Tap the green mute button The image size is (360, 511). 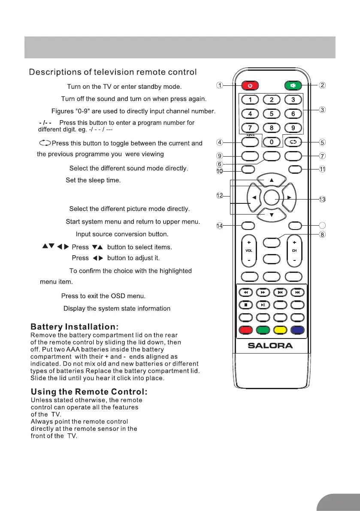point(293,85)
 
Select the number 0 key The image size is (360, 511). point(272,142)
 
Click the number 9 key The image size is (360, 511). point(293,127)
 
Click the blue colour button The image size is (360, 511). point(297,330)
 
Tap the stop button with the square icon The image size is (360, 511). point(246,305)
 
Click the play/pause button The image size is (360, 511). point(263,305)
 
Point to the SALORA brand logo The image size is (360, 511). point(271,345)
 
